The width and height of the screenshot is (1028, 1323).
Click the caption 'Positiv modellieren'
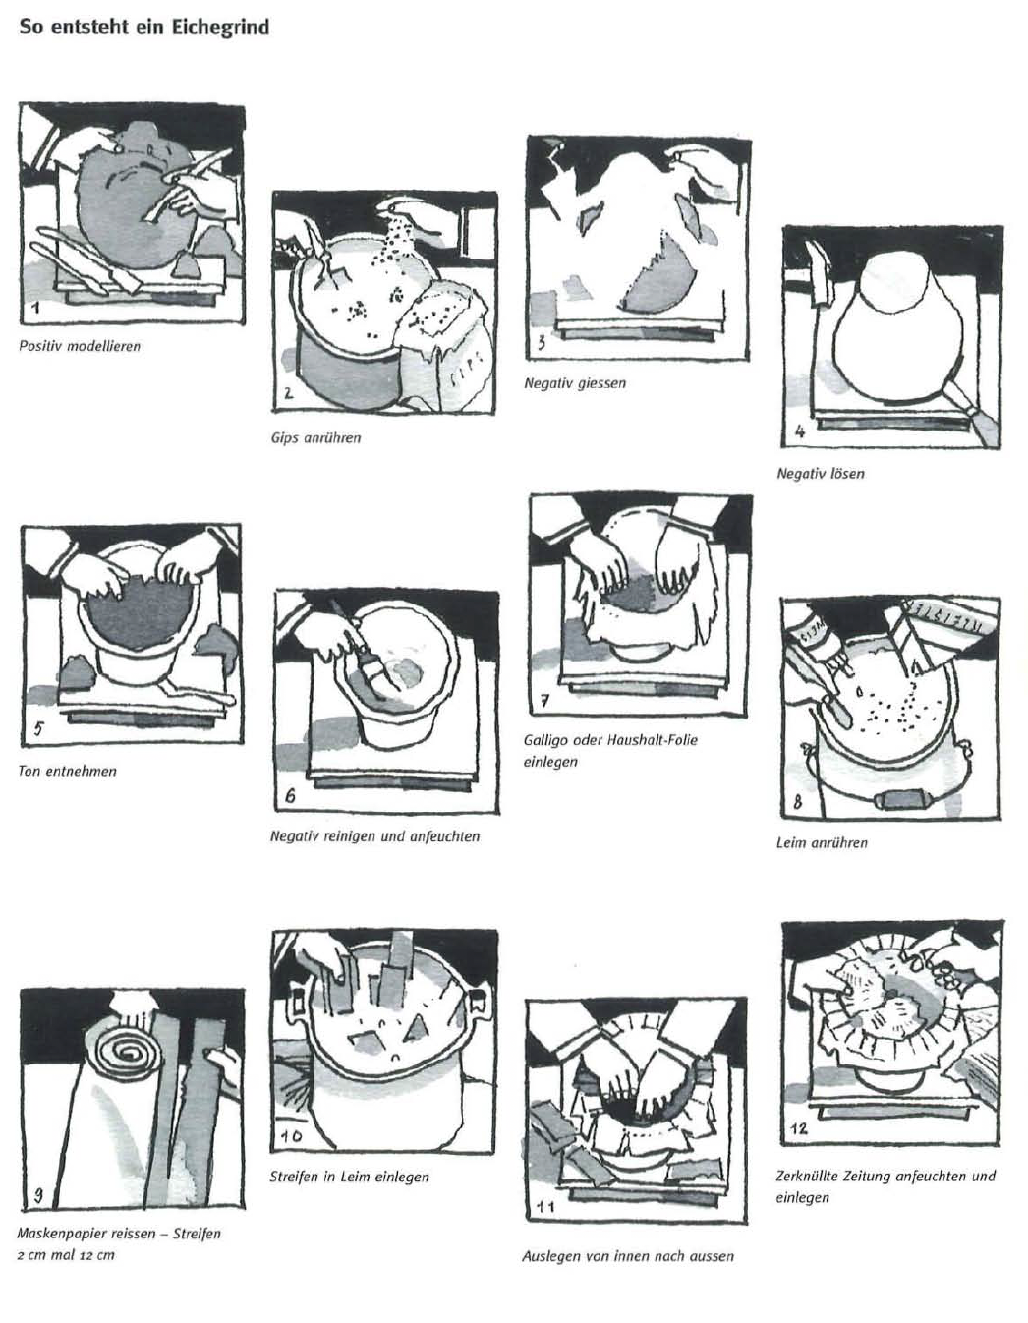80,346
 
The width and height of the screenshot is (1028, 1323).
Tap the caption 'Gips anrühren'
315,438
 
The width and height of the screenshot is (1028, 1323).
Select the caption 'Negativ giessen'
575,383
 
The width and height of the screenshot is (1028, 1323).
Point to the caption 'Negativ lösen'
821,474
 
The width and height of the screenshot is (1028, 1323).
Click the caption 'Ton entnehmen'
67,772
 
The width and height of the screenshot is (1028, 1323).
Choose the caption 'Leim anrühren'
822,843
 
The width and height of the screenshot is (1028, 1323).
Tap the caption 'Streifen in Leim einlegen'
349,1178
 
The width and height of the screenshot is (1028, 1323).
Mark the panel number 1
36,308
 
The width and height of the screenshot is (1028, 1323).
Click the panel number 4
800,431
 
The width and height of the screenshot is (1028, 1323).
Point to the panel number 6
290,796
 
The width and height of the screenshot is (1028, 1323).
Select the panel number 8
797,802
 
